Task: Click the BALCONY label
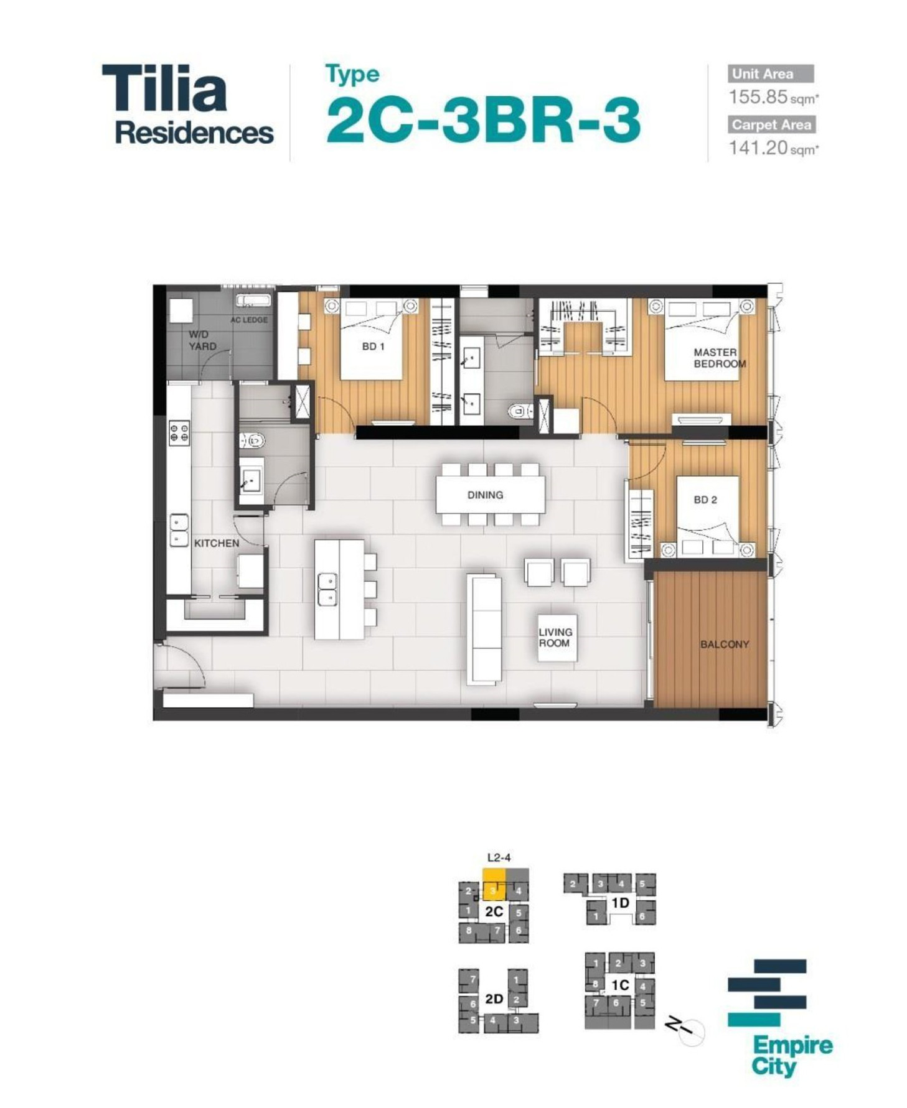coord(724,644)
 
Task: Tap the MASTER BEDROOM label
coord(719,358)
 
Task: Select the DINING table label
coord(485,495)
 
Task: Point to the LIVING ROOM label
coord(555,637)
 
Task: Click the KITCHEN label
coord(216,543)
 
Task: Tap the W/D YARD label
coord(202,340)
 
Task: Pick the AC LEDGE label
coord(249,320)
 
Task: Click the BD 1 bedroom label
coord(373,347)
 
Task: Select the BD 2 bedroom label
coord(705,500)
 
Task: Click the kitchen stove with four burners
coord(179,432)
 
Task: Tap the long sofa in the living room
coord(484,628)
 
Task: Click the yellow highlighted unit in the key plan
coord(494,885)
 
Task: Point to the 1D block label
coord(620,902)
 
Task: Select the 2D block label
coord(494,999)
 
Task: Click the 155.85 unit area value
coord(758,97)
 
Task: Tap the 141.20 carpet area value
coord(758,147)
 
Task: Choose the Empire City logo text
coord(792,1056)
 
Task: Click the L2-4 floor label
coord(498,857)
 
